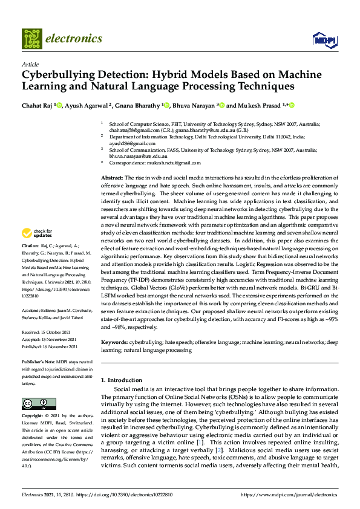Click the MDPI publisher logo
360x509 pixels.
click(324, 40)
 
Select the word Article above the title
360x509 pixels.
click(30, 65)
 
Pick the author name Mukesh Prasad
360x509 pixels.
click(261, 105)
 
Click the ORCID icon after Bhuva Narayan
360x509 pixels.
click(222, 105)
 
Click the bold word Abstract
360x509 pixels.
click(112, 177)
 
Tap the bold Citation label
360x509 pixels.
click(30, 264)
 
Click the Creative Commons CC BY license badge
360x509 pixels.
click(34, 404)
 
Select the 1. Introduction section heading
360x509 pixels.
click(121, 380)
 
